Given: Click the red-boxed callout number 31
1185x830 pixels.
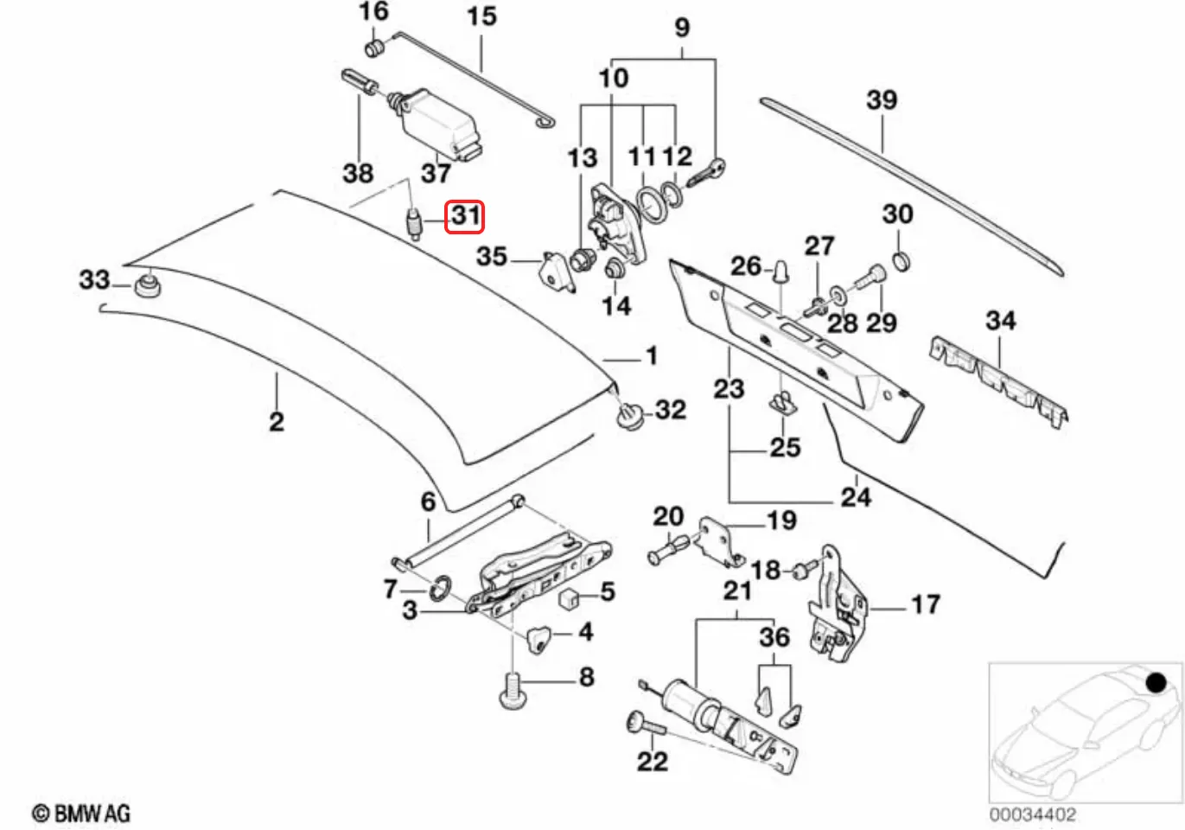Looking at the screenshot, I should tap(464, 215).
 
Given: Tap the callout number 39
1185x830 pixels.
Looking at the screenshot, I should tap(882, 100).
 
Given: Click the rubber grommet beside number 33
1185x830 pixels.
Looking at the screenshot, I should tap(147, 285).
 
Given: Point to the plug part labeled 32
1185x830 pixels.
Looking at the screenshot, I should tap(630, 416).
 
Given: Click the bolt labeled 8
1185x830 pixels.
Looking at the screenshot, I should tap(512, 692).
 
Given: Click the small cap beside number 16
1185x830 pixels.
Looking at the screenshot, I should tap(374, 47).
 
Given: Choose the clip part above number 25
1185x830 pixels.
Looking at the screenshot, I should tap(782, 403).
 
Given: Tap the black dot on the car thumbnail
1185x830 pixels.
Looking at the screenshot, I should tap(1156, 683).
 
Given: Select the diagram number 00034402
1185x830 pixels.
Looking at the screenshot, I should tap(1033, 814).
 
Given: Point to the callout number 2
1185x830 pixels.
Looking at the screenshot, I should tap(277, 422).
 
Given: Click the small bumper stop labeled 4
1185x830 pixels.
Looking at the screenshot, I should tap(538, 639).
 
